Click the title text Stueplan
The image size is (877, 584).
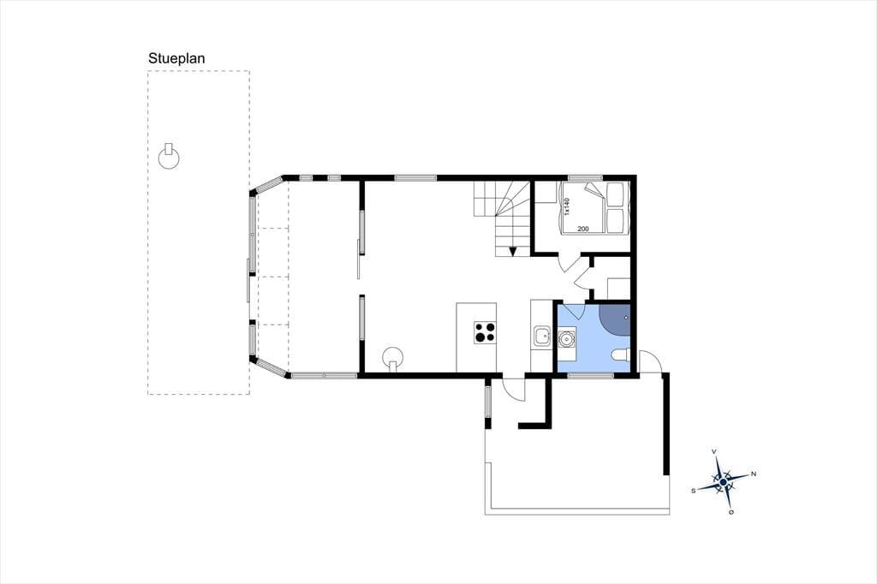point(176,59)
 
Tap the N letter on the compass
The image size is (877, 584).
point(754,474)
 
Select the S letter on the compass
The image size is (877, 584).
point(694,491)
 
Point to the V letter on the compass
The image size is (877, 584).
point(713,451)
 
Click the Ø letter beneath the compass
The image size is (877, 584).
point(731,512)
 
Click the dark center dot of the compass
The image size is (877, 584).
point(723,481)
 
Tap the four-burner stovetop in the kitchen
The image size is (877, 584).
point(485,332)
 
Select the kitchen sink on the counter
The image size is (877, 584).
point(541,337)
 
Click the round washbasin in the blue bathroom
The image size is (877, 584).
point(566,339)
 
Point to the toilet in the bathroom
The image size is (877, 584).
point(620,355)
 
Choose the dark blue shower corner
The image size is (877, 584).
point(614,319)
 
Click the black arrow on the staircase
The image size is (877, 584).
point(513,251)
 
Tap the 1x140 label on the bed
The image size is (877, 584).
point(566,206)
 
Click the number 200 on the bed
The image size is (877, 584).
point(582,229)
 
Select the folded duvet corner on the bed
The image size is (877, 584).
point(595,190)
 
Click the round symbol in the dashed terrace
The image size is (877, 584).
point(169,158)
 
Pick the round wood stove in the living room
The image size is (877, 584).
point(392,357)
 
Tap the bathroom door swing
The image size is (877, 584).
point(574,311)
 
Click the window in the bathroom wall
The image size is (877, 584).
point(591,376)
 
